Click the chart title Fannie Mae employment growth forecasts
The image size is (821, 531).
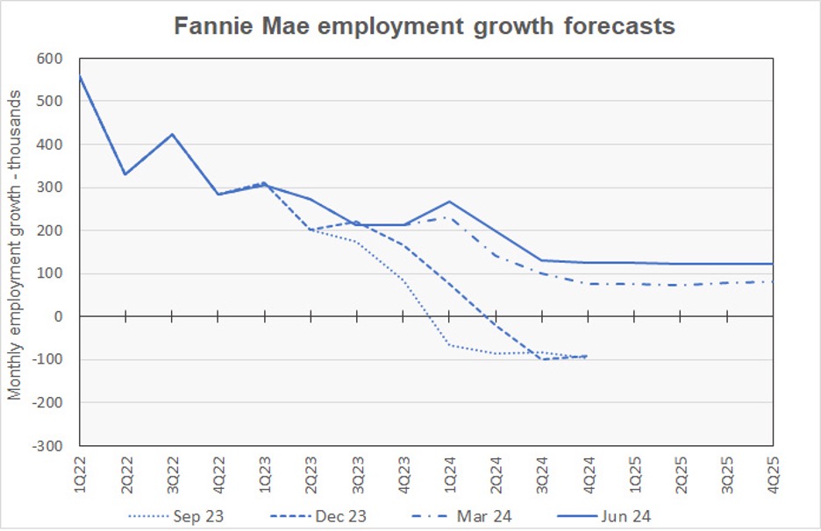click(425, 25)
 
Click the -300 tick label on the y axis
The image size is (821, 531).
click(49, 445)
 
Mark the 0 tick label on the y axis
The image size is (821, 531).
click(61, 316)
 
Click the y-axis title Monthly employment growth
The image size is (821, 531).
click(15, 251)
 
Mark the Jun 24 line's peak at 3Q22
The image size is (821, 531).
click(172, 134)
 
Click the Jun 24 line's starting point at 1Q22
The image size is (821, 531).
click(80, 76)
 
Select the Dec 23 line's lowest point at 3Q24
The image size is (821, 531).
click(542, 359)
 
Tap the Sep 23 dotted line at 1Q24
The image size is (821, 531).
click(450, 345)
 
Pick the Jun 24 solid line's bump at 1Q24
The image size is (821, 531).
click(450, 202)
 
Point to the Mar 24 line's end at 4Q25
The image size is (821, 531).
click(773, 281)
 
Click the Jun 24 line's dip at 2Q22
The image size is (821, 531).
click(125, 174)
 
